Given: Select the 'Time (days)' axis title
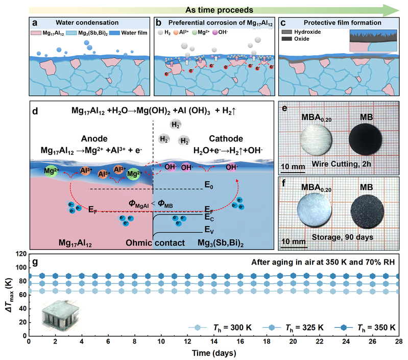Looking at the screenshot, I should point(214,352).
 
